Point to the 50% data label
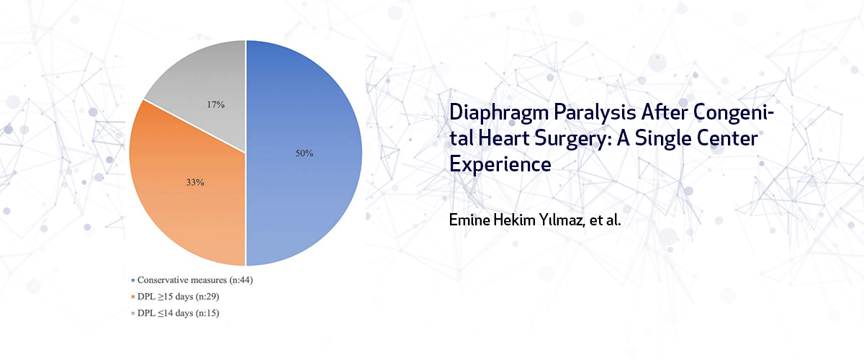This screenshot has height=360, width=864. (x=305, y=153)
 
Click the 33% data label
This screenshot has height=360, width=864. (x=195, y=182)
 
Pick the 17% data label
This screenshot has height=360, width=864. (x=215, y=104)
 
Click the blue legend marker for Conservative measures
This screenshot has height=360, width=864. (x=133, y=281)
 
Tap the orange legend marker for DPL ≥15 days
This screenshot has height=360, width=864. (x=133, y=297)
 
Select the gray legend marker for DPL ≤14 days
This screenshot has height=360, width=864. (x=133, y=313)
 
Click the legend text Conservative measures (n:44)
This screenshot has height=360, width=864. (x=195, y=280)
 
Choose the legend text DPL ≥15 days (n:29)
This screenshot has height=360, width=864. (x=179, y=297)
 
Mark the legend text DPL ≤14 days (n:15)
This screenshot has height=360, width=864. (x=179, y=313)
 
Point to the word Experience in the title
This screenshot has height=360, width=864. (x=500, y=165)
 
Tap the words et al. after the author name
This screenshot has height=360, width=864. (x=606, y=220)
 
